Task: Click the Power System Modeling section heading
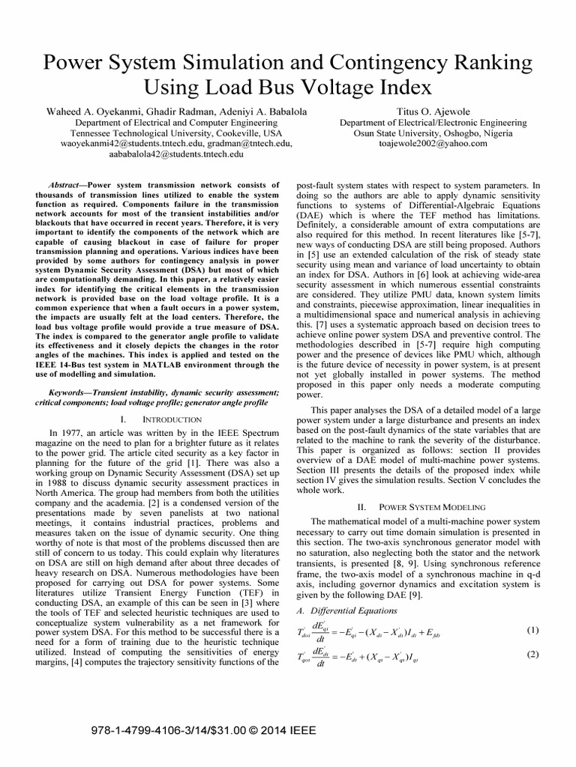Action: pyautogui.click(x=430, y=507)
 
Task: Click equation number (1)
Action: pyautogui.click(x=533, y=609)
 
